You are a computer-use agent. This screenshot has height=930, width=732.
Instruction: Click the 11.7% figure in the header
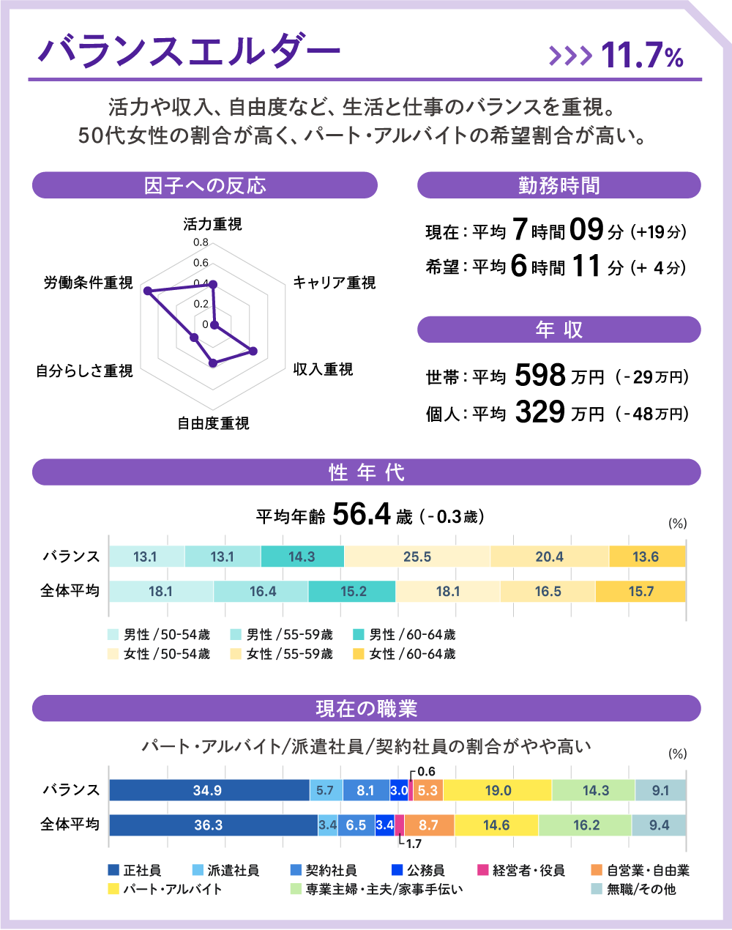(x=642, y=56)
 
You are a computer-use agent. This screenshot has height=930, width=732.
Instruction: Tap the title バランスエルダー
(x=189, y=51)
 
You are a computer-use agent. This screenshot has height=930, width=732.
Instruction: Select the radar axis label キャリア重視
(x=334, y=283)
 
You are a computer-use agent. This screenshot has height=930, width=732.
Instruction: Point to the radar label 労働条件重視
(x=88, y=283)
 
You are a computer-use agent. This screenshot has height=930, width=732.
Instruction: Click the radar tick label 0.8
(x=201, y=242)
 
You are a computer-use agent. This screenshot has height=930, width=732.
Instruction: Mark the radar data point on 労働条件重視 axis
(x=149, y=291)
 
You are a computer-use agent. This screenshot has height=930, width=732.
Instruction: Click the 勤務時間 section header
(x=559, y=185)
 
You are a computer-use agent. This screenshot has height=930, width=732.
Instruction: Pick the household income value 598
(x=540, y=376)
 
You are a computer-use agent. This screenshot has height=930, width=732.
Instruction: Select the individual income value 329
(x=540, y=412)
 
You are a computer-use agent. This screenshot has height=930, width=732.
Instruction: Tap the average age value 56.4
(x=362, y=515)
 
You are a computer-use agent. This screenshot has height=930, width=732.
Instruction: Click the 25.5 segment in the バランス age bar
(x=417, y=557)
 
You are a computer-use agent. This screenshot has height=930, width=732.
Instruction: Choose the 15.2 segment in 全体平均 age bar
(x=353, y=592)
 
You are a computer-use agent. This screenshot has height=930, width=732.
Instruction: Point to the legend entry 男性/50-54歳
(x=159, y=635)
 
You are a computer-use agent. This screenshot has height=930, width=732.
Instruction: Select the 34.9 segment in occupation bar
(x=208, y=791)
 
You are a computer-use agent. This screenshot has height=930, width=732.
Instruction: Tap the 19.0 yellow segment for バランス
(x=498, y=791)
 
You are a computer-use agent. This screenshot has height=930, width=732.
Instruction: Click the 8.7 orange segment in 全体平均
(x=428, y=825)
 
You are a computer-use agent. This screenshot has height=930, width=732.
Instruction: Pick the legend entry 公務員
(x=418, y=871)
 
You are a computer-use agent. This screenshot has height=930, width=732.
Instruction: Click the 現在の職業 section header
(x=366, y=709)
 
